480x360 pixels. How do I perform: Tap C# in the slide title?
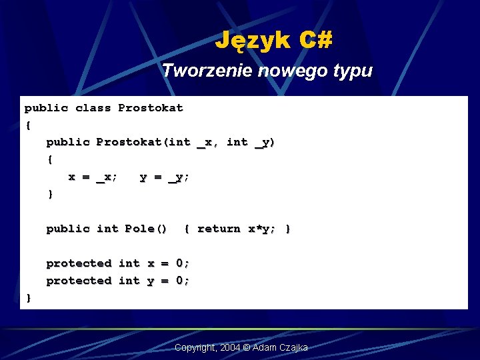[x=315, y=41]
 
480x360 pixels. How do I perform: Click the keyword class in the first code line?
[x=93, y=108]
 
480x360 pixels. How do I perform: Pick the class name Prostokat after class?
[x=150, y=108]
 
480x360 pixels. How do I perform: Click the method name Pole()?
[x=146, y=229]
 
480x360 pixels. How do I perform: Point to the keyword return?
[x=219, y=229]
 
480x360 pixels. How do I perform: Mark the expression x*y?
[x=262, y=229]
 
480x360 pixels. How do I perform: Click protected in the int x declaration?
[x=79, y=263]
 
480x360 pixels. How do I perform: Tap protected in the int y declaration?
[x=79, y=281]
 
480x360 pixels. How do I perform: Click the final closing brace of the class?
[x=28, y=298]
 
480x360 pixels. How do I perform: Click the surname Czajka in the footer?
[x=293, y=348]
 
